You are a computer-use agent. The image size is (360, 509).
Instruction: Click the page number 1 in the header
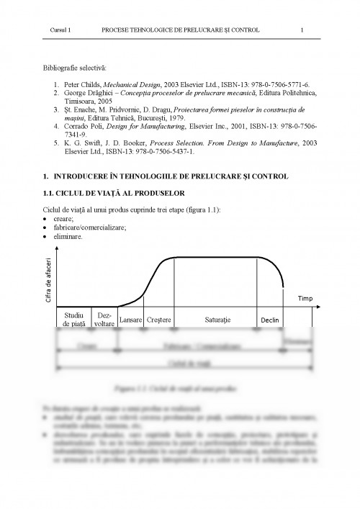click(x=302, y=30)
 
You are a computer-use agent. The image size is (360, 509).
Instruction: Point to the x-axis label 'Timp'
click(x=305, y=297)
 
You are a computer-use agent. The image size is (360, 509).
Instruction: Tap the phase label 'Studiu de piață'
click(x=74, y=320)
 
